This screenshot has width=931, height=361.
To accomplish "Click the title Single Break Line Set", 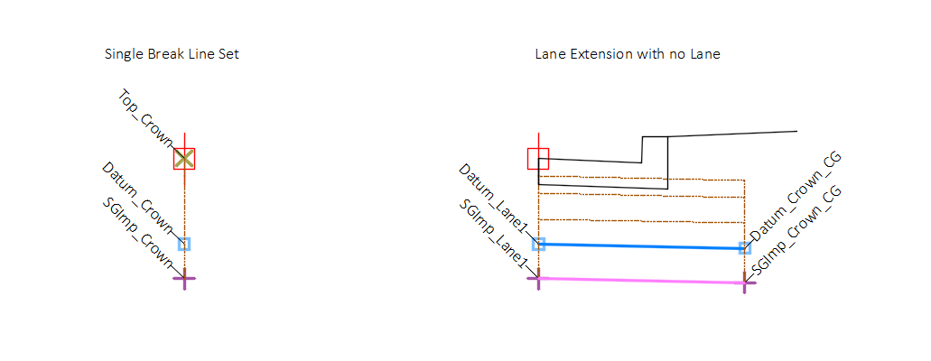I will point(172,54).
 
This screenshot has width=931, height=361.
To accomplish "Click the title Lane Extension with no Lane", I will point(627,54).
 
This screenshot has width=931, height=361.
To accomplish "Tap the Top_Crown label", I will point(144,118).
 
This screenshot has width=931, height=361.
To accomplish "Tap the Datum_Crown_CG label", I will point(796,199).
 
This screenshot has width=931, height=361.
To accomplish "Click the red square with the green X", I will point(184,159).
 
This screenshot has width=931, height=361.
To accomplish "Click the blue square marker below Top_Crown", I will point(184,244).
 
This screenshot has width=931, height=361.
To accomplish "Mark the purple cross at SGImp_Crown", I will point(184,278).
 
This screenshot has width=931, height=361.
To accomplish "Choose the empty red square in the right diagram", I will point(538,159).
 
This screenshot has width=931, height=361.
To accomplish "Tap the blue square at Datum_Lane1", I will point(538,244).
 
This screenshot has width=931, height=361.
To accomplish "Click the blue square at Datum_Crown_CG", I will point(745,247).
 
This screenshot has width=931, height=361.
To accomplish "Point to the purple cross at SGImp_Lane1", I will point(538,279).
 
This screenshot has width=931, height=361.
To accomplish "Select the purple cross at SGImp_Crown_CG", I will point(745,283).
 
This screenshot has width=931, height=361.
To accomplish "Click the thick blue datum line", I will point(641,245).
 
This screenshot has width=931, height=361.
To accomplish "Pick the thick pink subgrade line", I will point(641,281).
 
